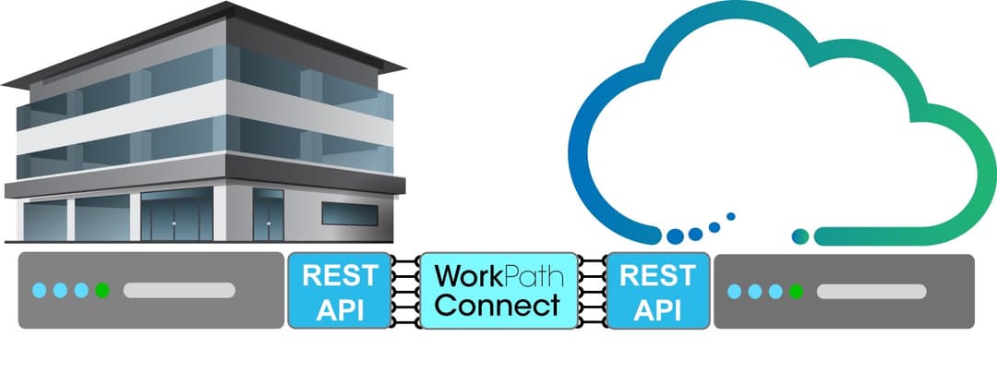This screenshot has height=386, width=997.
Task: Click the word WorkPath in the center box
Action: [x=498, y=275]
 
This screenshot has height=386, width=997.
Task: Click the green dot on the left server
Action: [x=102, y=291]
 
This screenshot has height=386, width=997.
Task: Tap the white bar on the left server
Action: [x=179, y=291]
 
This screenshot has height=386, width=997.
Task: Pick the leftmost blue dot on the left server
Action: [x=39, y=291]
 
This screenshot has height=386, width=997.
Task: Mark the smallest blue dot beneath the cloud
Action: [x=731, y=217]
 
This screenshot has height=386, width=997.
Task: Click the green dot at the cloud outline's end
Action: [x=801, y=236]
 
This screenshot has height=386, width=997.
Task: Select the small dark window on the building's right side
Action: [x=349, y=213]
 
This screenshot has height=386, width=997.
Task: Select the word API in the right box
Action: [x=658, y=308]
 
